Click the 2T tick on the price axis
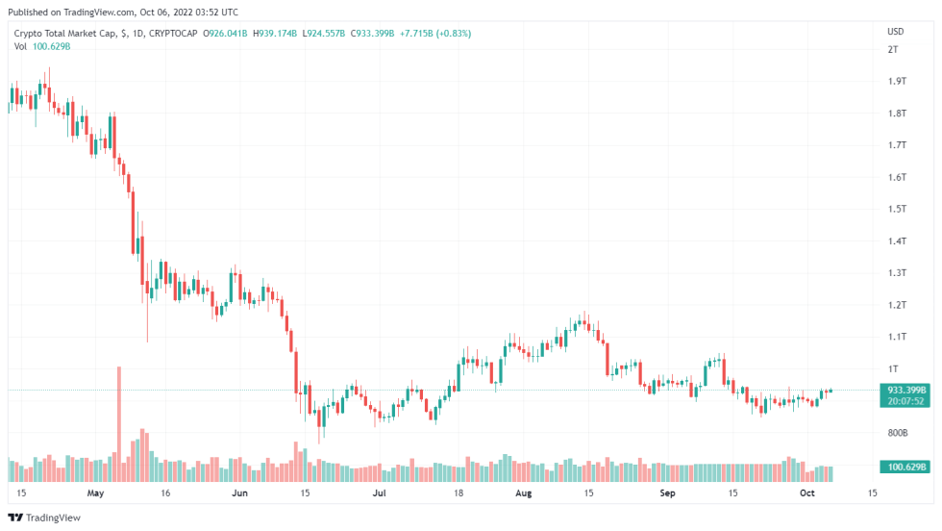[x=893, y=48]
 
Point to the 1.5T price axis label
[x=897, y=209]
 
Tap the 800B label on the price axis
[x=897, y=433]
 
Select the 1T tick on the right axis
[x=893, y=369]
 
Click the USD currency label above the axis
[x=894, y=32]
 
